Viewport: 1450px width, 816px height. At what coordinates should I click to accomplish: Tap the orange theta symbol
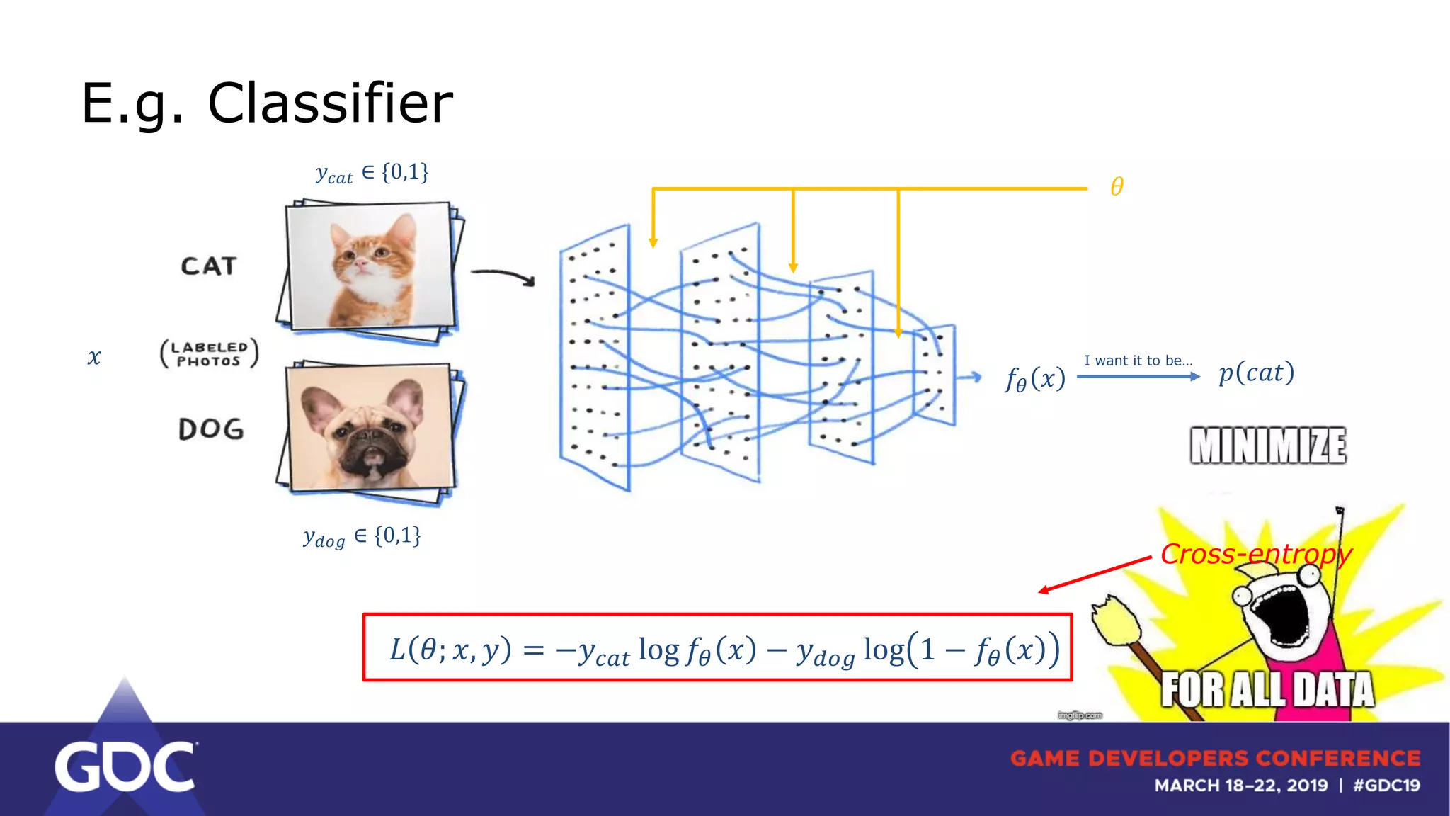pos(1117,187)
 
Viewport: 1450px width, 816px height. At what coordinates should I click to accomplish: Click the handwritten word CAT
pos(208,266)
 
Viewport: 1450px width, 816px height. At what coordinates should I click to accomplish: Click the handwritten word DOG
pos(211,429)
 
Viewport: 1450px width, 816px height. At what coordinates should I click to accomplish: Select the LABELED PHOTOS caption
pos(209,354)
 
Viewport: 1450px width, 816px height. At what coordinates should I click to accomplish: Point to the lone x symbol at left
pos(94,357)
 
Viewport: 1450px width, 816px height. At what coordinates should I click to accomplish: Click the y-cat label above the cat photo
pos(372,173)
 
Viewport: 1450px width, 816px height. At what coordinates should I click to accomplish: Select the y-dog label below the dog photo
pos(362,536)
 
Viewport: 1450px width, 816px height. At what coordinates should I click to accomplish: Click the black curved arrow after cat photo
pos(503,276)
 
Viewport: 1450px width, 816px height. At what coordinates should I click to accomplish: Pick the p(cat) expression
pos(1256,373)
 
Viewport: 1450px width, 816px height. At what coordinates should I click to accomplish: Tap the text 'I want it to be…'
pos(1138,361)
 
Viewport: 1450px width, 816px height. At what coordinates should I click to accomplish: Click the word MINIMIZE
pos(1267,446)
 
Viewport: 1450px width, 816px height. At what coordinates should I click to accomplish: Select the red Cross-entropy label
pos(1255,554)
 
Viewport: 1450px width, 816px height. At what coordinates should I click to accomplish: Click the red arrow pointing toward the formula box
pos(1094,574)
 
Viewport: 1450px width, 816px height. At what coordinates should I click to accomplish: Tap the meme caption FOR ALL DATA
pos(1267,689)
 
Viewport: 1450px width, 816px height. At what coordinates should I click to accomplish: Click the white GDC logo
pos(125,766)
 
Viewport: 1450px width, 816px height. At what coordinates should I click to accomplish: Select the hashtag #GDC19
pos(1386,786)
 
